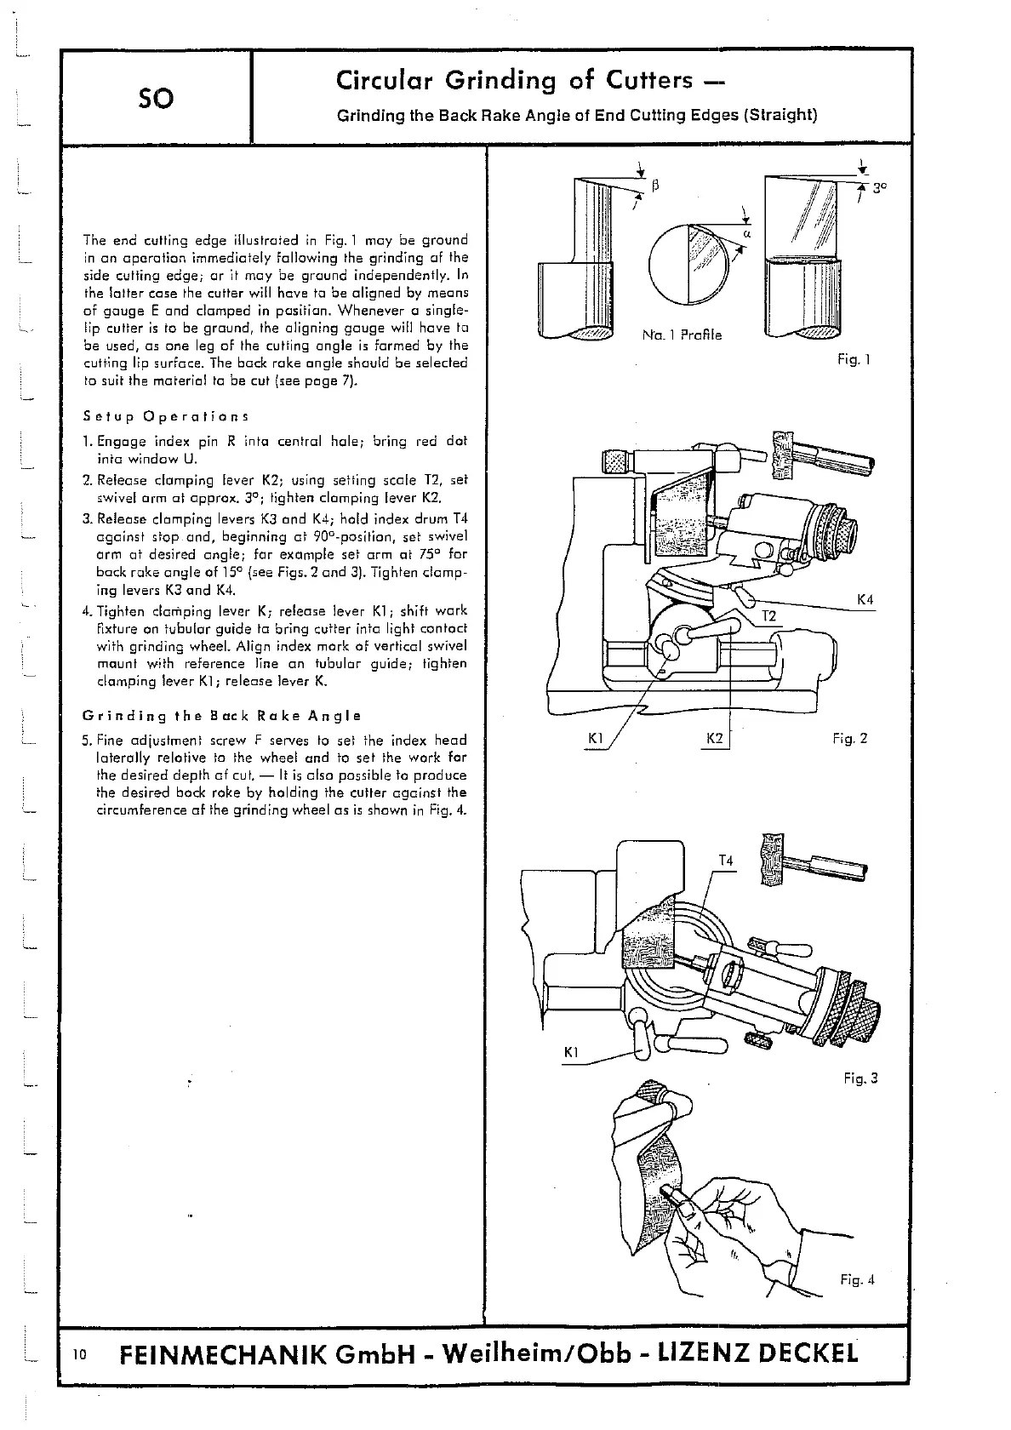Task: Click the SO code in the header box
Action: [x=156, y=99]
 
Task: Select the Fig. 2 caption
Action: [x=849, y=738]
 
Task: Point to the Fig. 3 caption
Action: [x=860, y=1078]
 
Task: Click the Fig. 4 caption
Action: [x=857, y=1279]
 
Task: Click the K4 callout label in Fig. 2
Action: [x=865, y=600]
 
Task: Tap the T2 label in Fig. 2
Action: [x=768, y=615]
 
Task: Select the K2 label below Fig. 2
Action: [x=715, y=738]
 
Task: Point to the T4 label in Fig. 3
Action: [x=725, y=861]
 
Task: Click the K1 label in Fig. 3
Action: [x=572, y=1053]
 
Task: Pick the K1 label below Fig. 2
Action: [x=596, y=738]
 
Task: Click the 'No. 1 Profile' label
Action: [x=681, y=335]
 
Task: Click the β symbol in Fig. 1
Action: [x=656, y=184]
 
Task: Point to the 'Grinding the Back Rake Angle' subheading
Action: [x=222, y=715]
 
